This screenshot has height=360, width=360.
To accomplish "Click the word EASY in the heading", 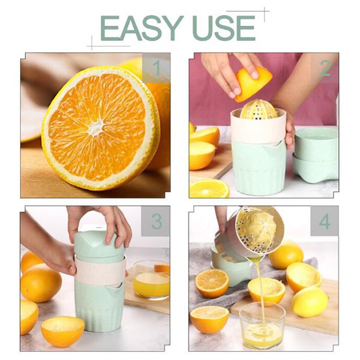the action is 142,28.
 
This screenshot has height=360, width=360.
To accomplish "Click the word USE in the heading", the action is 224,28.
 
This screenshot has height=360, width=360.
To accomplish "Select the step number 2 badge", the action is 325,68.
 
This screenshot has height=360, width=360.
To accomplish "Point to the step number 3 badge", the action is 157,221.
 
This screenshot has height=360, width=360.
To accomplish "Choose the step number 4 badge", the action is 325,221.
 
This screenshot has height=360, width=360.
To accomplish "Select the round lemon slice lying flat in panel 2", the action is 209,189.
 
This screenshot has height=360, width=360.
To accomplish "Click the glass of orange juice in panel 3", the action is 151,280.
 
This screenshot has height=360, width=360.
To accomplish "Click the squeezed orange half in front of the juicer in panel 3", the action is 62,331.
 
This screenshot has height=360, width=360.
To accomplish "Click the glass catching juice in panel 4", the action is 262,325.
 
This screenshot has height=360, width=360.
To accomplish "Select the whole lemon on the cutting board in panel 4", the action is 310,302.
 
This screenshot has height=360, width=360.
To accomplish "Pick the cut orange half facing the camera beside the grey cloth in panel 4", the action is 212,283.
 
